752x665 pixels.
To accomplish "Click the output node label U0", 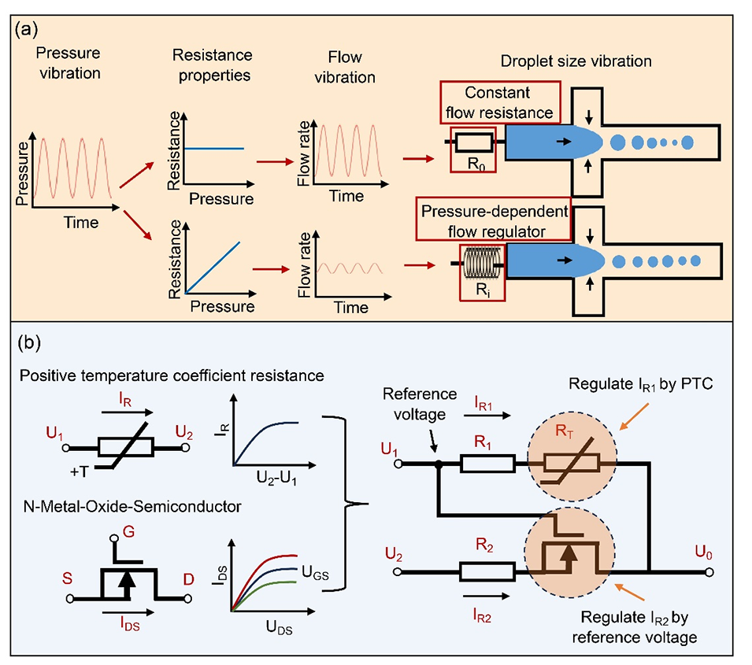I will [x=703, y=543].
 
